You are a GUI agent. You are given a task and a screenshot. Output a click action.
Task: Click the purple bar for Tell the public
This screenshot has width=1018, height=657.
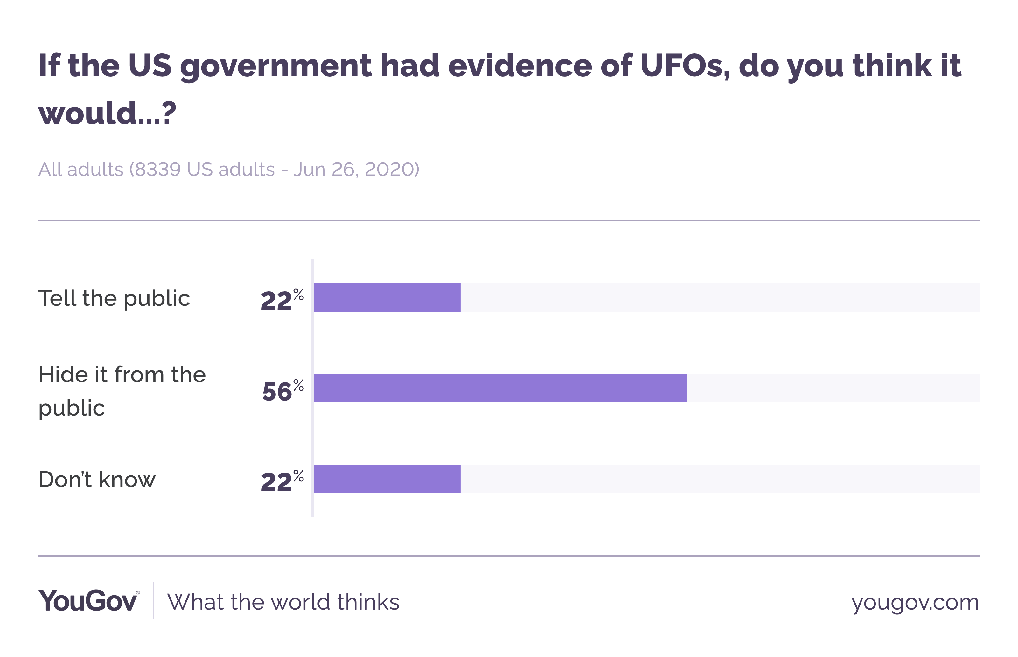pyautogui.click(x=387, y=297)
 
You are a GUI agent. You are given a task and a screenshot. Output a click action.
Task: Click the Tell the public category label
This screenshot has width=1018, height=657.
pyautogui.click(x=114, y=298)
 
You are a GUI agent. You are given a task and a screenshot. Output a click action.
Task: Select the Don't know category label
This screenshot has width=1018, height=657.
pyautogui.click(x=97, y=479)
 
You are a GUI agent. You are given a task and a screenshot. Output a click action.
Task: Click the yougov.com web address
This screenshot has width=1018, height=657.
pyautogui.click(x=915, y=602)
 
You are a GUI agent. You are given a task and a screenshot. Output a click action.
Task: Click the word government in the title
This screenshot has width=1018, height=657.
pyautogui.click(x=275, y=66)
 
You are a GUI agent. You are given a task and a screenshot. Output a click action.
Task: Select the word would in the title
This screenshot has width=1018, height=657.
pyautogui.click(x=87, y=114)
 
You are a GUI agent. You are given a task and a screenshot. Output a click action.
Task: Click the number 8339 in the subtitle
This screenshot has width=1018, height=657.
pyautogui.click(x=158, y=169)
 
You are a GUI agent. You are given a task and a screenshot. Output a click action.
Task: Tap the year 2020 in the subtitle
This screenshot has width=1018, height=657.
pyautogui.click(x=389, y=169)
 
